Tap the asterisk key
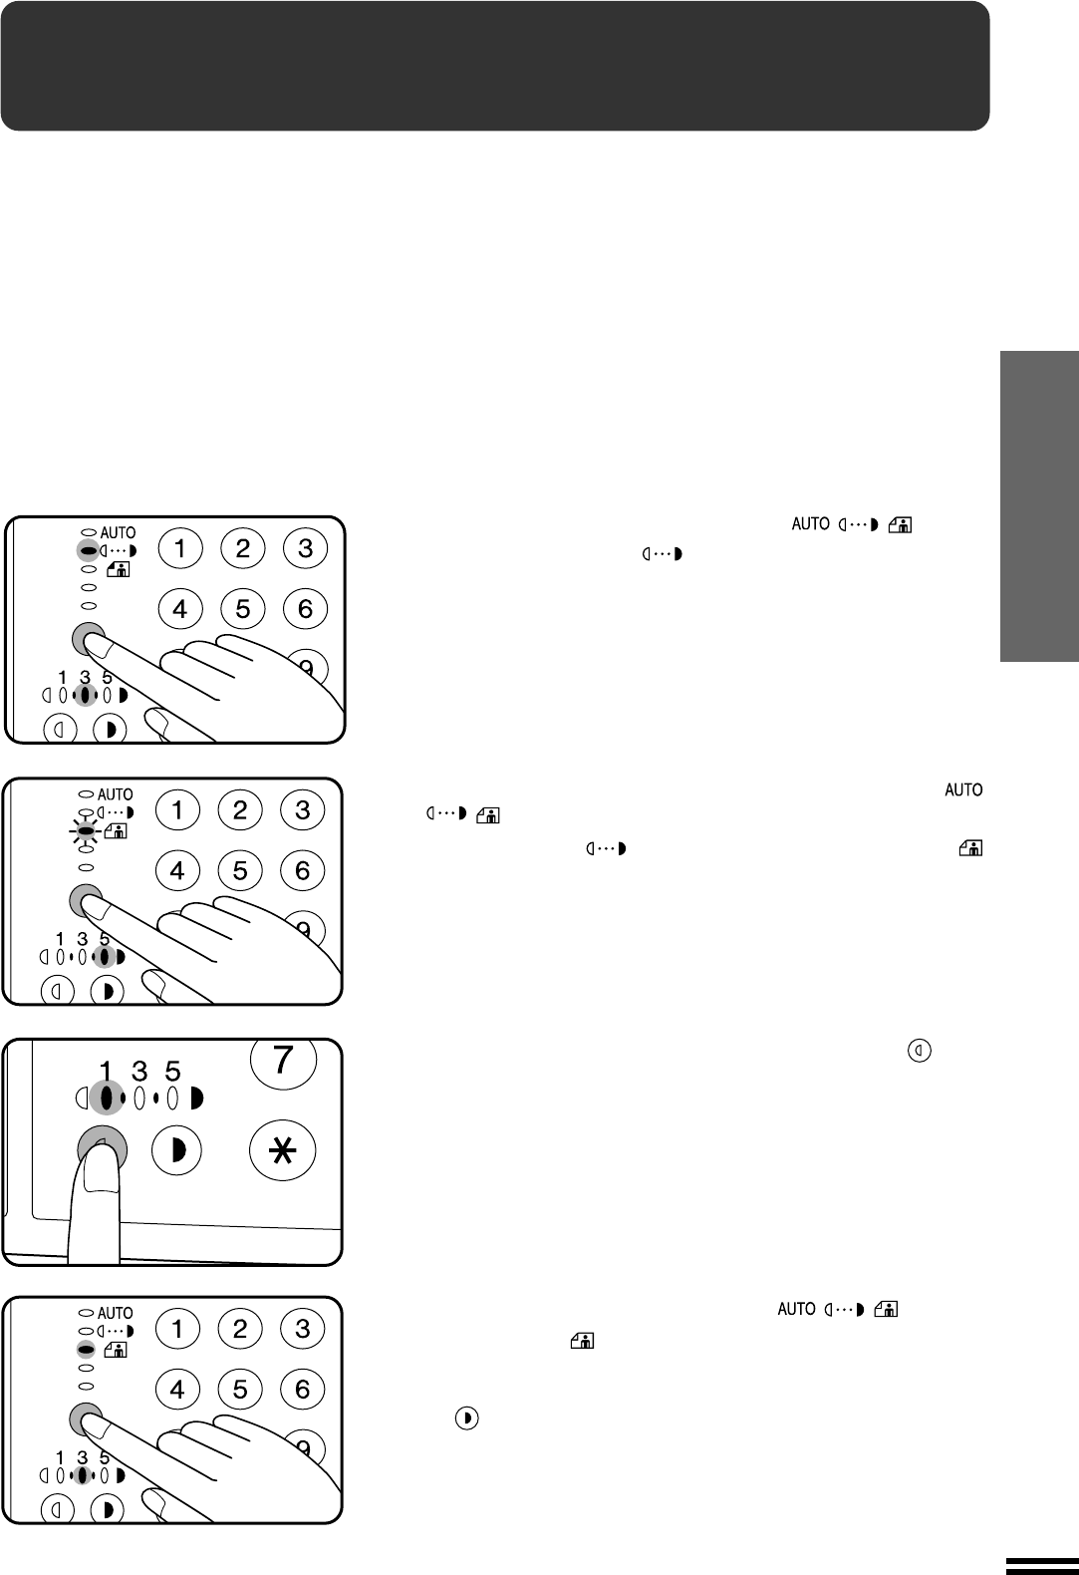[283, 1151]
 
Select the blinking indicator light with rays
[86, 831]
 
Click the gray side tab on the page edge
[1039, 506]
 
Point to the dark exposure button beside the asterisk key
[176, 1150]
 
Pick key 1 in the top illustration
[180, 548]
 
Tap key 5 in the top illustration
[242, 609]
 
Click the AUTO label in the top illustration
[118, 533]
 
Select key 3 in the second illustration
[302, 810]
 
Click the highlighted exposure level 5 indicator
[104, 957]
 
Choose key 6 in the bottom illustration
[302, 1390]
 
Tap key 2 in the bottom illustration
[240, 1329]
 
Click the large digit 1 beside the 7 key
[106, 1072]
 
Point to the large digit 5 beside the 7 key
[173, 1072]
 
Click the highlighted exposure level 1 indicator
[107, 1099]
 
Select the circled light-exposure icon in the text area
[920, 1051]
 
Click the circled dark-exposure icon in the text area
[466, 1418]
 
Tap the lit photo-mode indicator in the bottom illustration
[86, 1350]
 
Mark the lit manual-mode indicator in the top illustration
[88, 550]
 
